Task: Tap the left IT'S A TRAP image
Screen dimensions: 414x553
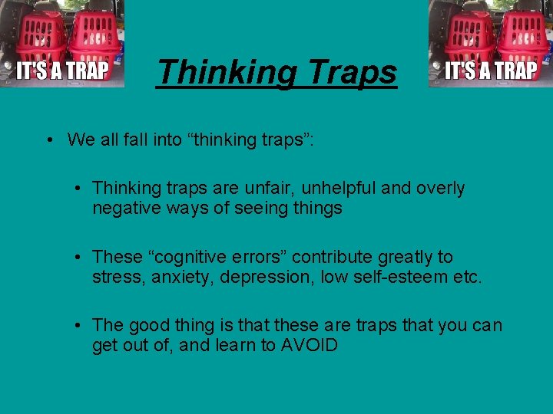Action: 62,44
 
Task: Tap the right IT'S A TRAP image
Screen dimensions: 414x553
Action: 491,44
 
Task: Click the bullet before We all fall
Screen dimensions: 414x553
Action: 48,140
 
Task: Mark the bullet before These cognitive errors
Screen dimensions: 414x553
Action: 79,257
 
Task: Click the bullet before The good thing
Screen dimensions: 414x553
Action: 79,326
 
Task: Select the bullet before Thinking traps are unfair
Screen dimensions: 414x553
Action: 79,188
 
